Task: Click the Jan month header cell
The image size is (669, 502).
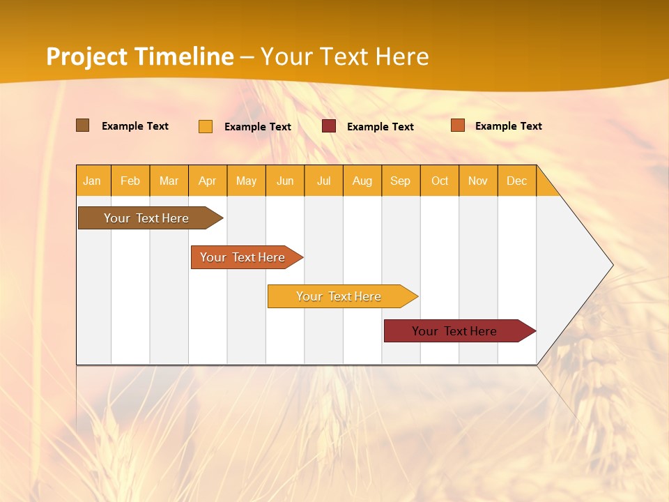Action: (x=93, y=181)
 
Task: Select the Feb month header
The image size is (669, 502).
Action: (x=130, y=181)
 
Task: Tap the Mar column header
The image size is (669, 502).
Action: (x=169, y=181)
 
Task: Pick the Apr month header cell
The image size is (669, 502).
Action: (x=208, y=181)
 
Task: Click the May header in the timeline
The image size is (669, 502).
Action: (x=246, y=181)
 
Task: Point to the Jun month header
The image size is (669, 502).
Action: (x=285, y=181)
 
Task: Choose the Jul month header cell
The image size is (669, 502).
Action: (x=323, y=181)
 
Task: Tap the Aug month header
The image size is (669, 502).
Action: (x=362, y=181)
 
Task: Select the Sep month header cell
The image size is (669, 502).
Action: (x=401, y=181)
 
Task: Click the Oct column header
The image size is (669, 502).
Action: (x=440, y=181)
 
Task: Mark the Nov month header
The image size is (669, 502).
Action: (x=478, y=181)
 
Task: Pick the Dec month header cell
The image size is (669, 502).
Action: (x=517, y=181)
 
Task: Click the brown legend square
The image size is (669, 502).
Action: (x=83, y=125)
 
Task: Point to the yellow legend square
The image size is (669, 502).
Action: (x=206, y=126)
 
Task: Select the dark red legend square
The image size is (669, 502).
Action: (x=329, y=126)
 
